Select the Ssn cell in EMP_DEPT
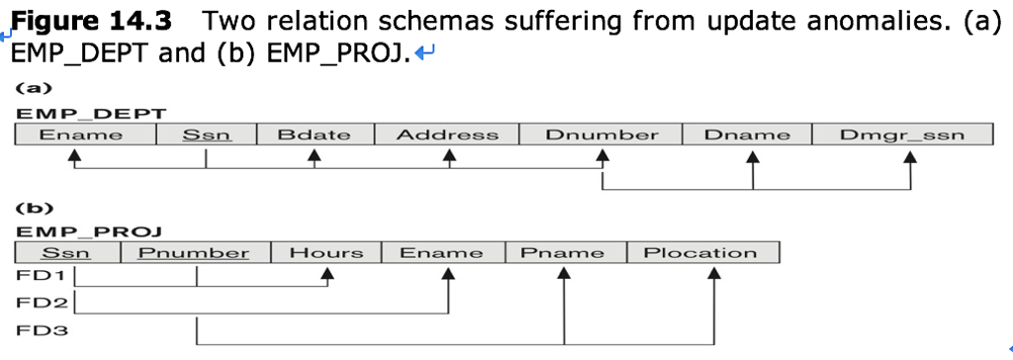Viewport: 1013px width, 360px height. [x=206, y=135]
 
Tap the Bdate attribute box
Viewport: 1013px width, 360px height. [x=314, y=135]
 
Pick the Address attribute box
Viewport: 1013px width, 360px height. [x=447, y=135]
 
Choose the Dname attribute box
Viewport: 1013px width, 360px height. [x=747, y=135]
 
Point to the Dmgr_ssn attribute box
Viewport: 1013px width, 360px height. [x=901, y=135]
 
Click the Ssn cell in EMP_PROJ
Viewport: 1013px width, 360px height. [x=66, y=253]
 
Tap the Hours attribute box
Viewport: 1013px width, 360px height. [x=325, y=253]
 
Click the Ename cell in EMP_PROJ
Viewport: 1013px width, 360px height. [x=442, y=253]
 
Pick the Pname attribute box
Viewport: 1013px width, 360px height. [x=565, y=253]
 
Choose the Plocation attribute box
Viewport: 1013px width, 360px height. [x=701, y=253]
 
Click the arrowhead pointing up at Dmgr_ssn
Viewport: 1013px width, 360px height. [x=909, y=155]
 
